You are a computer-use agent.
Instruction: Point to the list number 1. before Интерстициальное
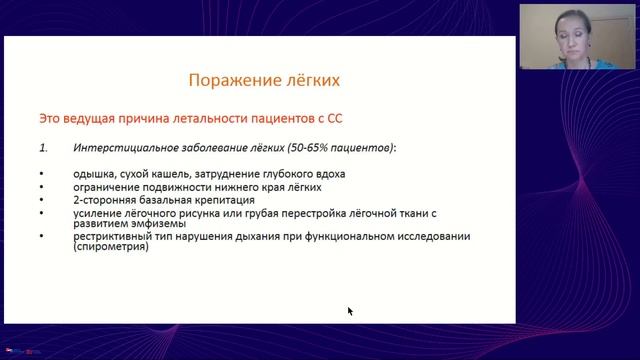43,148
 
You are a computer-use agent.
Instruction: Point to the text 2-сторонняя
105,200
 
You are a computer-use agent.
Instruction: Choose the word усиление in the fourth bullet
99,213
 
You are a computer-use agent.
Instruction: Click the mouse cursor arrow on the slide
350,311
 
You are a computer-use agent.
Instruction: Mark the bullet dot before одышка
42,175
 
